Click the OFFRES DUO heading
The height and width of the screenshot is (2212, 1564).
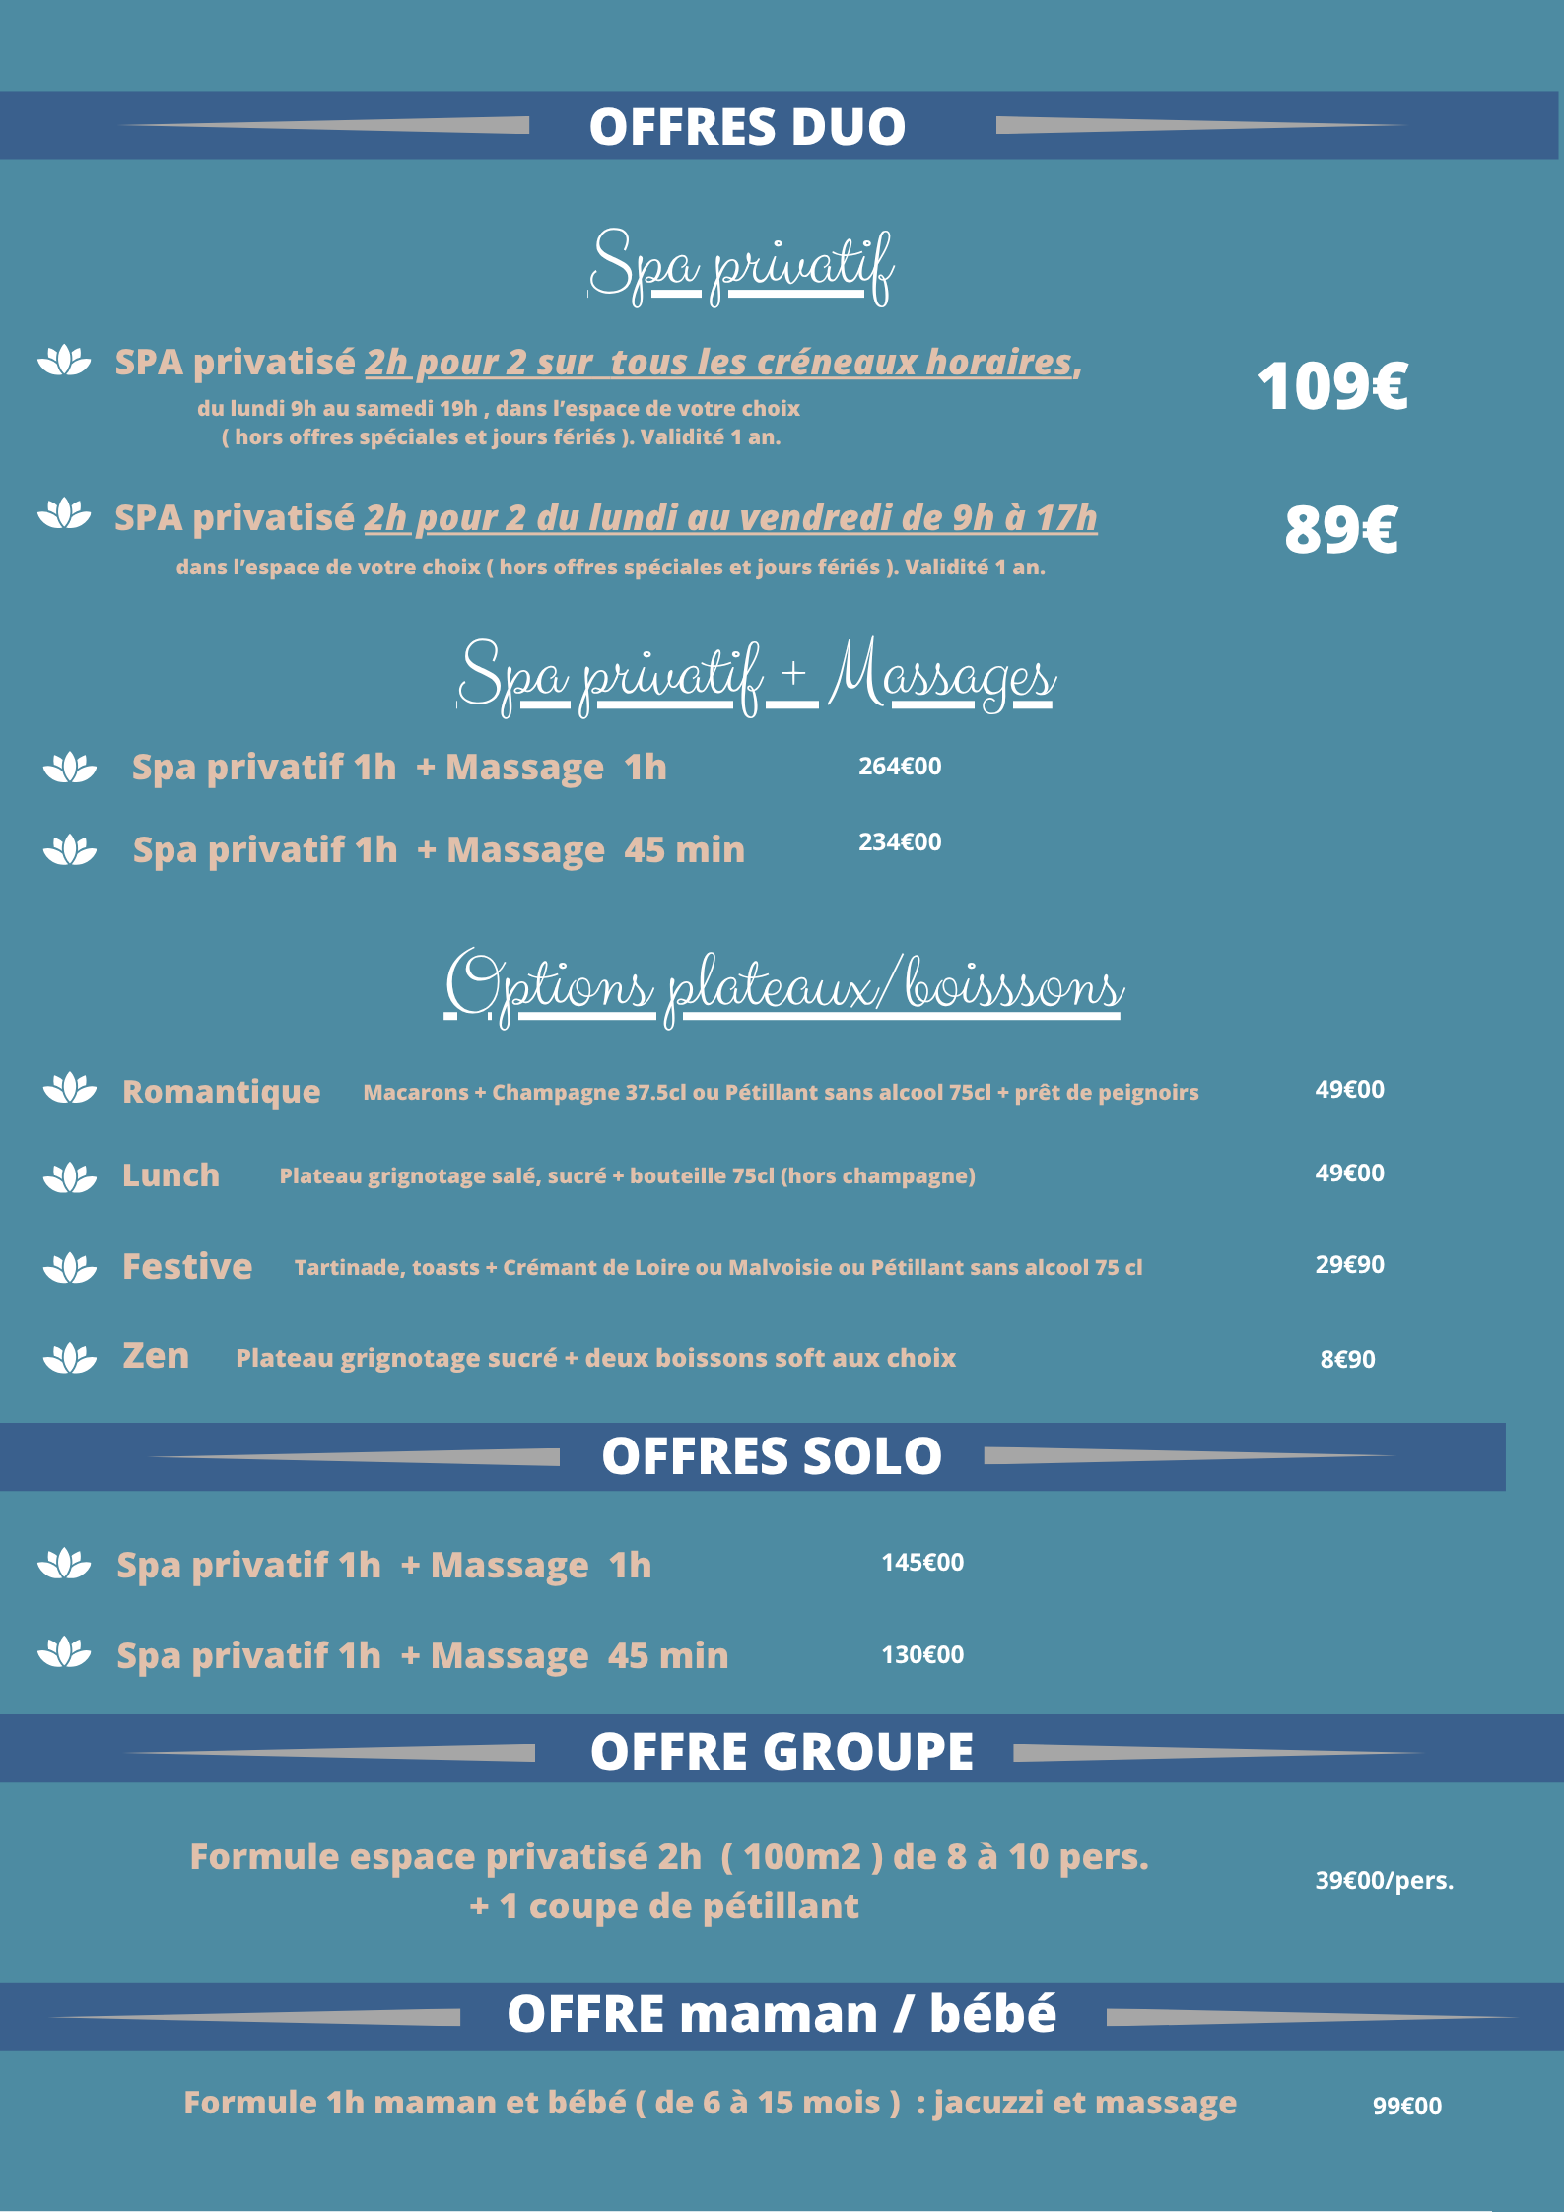pyautogui.click(x=747, y=127)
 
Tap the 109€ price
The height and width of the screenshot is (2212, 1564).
pyautogui.click(x=1332, y=385)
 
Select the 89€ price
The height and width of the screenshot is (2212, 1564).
pyautogui.click(x=1340, y=529)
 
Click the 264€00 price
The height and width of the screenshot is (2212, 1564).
pyautogui.click(x=900, y=766)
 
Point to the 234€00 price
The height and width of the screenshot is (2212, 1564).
pyautogui.click(x=900, y=841)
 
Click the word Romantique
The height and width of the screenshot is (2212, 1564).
pyautogui.click(x=221, y=1092)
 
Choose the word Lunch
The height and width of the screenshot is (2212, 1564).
pyautogui.click(x=170, y=1175)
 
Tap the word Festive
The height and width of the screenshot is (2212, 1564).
pyautogui.click(x=187, y=1266)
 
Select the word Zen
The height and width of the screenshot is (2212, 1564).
pyautogui.click(x=156, y=1356)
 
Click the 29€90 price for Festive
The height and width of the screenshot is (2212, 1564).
pyautogui.click(x=1349, y=1264)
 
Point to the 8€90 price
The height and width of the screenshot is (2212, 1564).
pyautogui.click(x=1347, y=1359)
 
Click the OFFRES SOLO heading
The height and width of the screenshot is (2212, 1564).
pyautogui.click(x=772, y=1456)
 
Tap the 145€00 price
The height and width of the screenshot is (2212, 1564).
pyautogui.click(x=922, y=1562)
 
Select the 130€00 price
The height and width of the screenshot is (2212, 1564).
pyautogui.click(x=922, y=1654)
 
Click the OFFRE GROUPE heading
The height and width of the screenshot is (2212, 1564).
pyautogui.click(x=782, y=1752)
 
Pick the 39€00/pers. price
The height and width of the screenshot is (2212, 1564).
pyautogui.click(x=1384, y=1880)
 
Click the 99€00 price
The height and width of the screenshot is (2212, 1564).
pyautogui.click(x=1406, y=2106)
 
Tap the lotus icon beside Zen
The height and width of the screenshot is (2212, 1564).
pyautogui.click(x=70, y=1358)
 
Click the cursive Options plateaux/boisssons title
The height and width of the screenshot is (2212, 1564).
pyautogui.click(x=783, y=985)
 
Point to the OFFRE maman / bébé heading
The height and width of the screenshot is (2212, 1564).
pyautogui.click(x=782, y=2014)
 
